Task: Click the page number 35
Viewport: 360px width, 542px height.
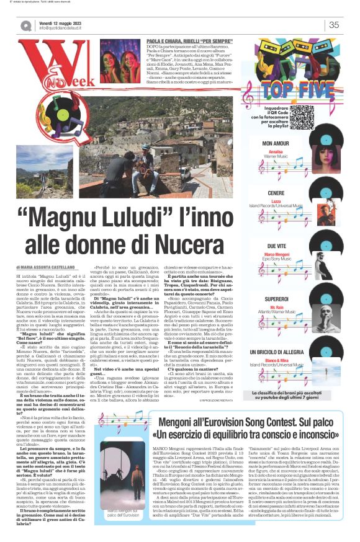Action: click(x=334, y=25)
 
